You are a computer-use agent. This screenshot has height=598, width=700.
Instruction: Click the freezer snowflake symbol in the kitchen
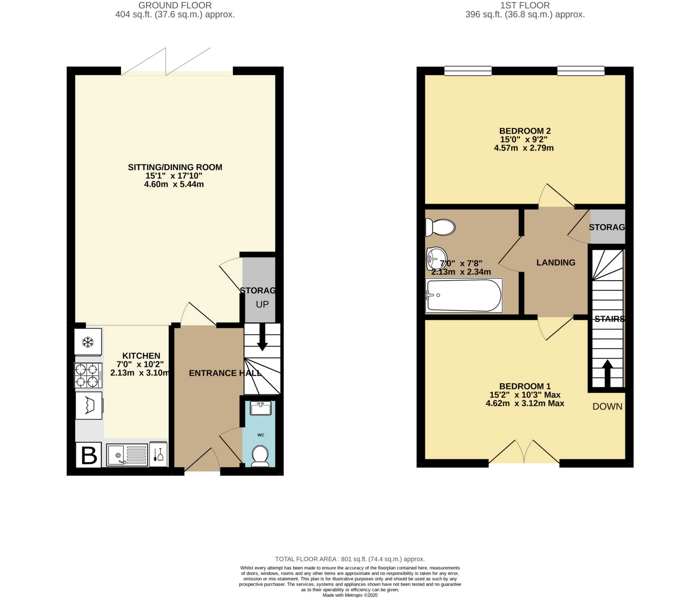88,342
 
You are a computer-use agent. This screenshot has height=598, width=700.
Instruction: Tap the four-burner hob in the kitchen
88,375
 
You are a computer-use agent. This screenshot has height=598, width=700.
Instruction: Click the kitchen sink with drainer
127,455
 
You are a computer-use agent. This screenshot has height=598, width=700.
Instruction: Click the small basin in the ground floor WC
261,408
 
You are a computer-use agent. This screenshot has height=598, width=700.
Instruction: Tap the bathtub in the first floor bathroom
464,296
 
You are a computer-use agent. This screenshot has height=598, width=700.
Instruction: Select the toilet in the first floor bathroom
440,227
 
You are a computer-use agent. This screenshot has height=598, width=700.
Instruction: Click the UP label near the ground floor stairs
262,304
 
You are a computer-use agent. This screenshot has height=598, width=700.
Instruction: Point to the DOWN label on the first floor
607,406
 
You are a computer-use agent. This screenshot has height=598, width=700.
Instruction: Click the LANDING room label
556,262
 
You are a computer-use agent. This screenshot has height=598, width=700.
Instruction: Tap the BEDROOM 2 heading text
525,131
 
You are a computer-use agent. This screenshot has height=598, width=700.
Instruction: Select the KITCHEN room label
141,356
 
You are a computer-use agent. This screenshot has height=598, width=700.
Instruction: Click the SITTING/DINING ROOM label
175,167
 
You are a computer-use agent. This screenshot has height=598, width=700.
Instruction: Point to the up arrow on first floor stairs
607,373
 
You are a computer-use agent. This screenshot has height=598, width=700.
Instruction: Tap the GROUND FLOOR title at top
175,5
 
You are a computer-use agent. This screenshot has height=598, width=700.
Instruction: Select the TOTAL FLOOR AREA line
350,559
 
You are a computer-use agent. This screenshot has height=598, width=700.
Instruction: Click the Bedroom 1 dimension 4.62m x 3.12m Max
525,403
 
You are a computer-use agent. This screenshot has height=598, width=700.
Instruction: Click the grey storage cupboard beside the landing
607,227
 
